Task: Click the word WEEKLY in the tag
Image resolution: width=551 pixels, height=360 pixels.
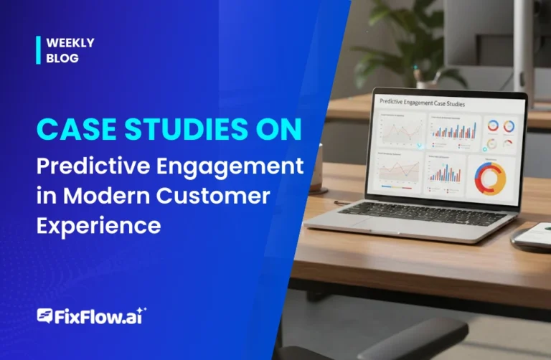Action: click(70, 43)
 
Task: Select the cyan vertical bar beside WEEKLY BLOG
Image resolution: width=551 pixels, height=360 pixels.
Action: click(38, 50)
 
